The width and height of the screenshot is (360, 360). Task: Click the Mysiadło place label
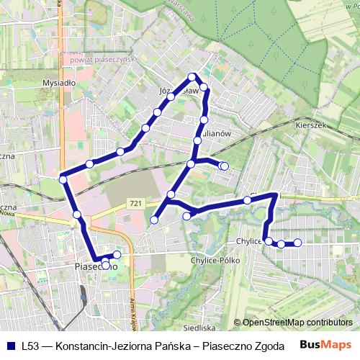(59, 83)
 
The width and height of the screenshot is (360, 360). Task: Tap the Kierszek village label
(310, 124)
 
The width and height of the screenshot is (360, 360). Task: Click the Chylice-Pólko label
(215, 260)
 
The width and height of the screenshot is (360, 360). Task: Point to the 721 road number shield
(135, 204)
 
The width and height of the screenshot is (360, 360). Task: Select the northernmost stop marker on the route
(192, 76)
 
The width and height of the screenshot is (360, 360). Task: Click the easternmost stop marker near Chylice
(297, 243)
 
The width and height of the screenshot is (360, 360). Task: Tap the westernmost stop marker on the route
(63, 179)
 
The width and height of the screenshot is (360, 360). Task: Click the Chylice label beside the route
(248, 242)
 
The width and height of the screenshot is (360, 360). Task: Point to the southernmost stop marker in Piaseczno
(106, 266)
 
